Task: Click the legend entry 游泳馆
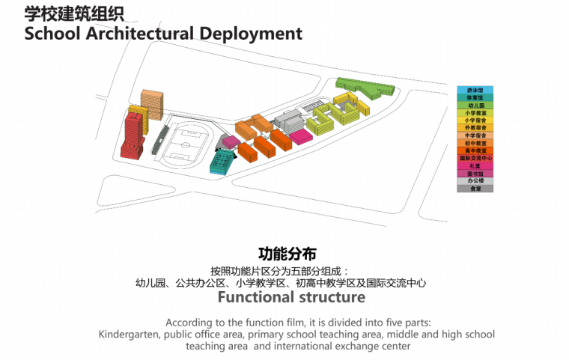coord(475,91)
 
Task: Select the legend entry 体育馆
coord(475,98)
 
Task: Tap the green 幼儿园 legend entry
coord(475,106)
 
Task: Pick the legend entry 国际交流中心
coord(475,158)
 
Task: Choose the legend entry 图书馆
coord(475,173)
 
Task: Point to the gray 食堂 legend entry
coord(475,189)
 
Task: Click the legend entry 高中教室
coord(475,150)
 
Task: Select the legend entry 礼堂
coord(475,165)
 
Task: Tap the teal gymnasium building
coord(222,160)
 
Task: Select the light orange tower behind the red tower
coord(152,104)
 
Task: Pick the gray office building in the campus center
coord(287,120)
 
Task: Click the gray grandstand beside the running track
coord(160,139)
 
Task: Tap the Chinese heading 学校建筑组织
coord(74,13)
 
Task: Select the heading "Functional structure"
coord(291,297)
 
